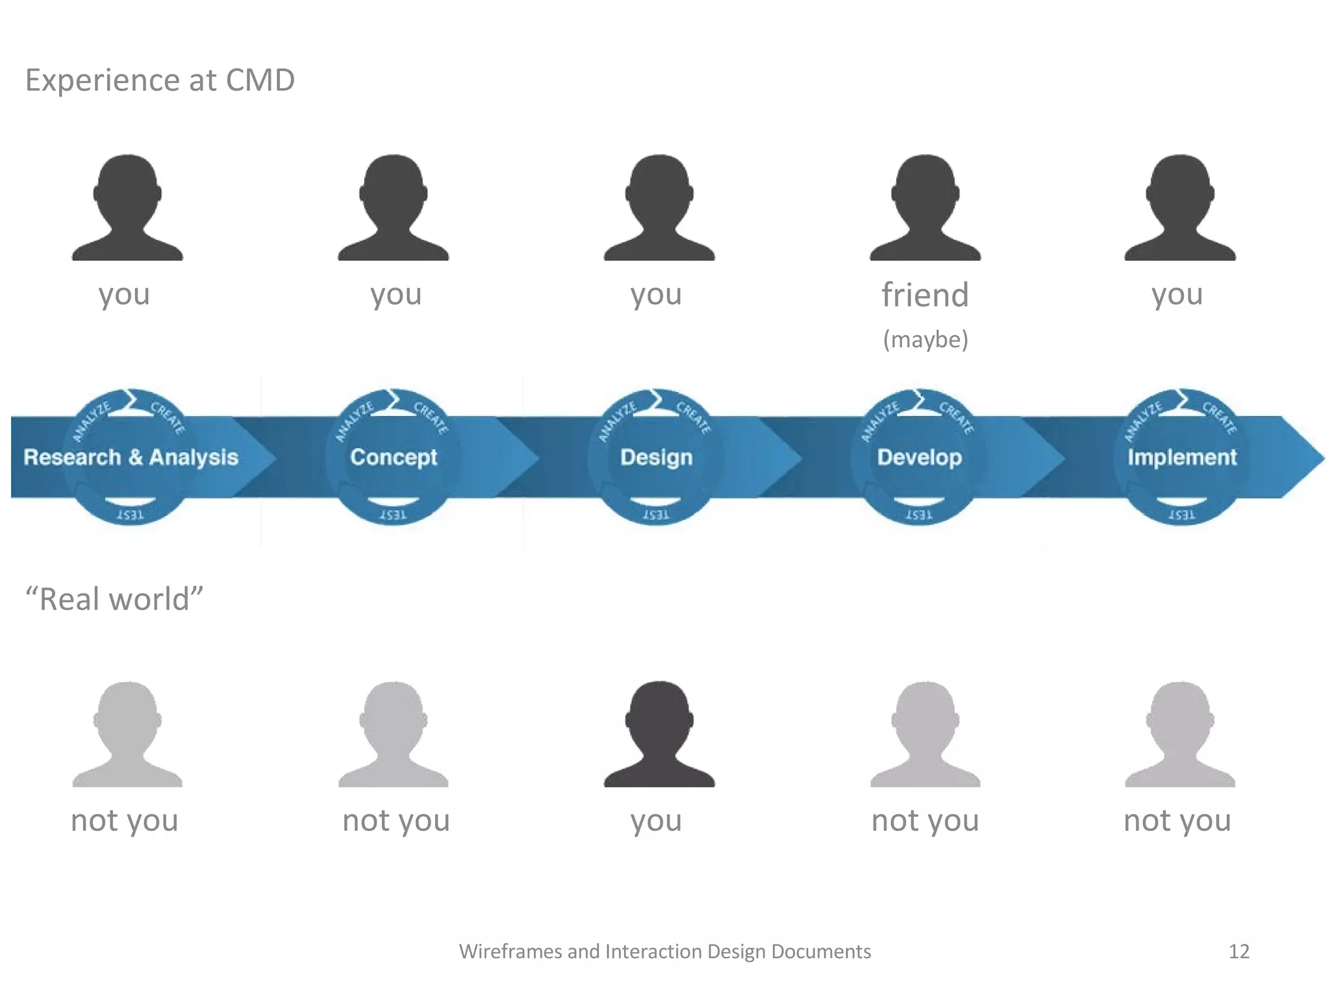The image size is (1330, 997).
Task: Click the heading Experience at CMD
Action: tap(160, 80)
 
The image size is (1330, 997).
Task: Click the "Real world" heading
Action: tap(114, 598)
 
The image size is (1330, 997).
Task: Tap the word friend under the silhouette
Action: tap(925, 295)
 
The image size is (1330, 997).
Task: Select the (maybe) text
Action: tap(925, 339)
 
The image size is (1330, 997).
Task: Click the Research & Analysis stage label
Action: tap(131, 457)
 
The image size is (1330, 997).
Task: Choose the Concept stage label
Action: tap(394, 457)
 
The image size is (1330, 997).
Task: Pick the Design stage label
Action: tap(656, 457)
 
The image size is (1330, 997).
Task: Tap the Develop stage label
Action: tap(919, 457)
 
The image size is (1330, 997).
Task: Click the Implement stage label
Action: tap(1182, 457)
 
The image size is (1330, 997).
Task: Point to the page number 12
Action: tap(1238, 952)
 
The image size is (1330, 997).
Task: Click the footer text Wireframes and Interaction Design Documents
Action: tap(664, 952)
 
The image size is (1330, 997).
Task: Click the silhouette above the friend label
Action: tap(925, 208)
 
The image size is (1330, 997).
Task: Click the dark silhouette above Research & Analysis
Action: tap(127, 208)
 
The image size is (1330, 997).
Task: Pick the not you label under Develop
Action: tap(925, 820)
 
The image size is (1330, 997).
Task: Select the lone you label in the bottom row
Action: tap(656, 820)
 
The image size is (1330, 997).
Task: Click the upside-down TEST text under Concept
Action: tap(393, 515)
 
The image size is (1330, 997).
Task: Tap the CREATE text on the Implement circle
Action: tap(1219, 417)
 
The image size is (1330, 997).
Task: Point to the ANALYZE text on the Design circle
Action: tap(617, 421)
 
